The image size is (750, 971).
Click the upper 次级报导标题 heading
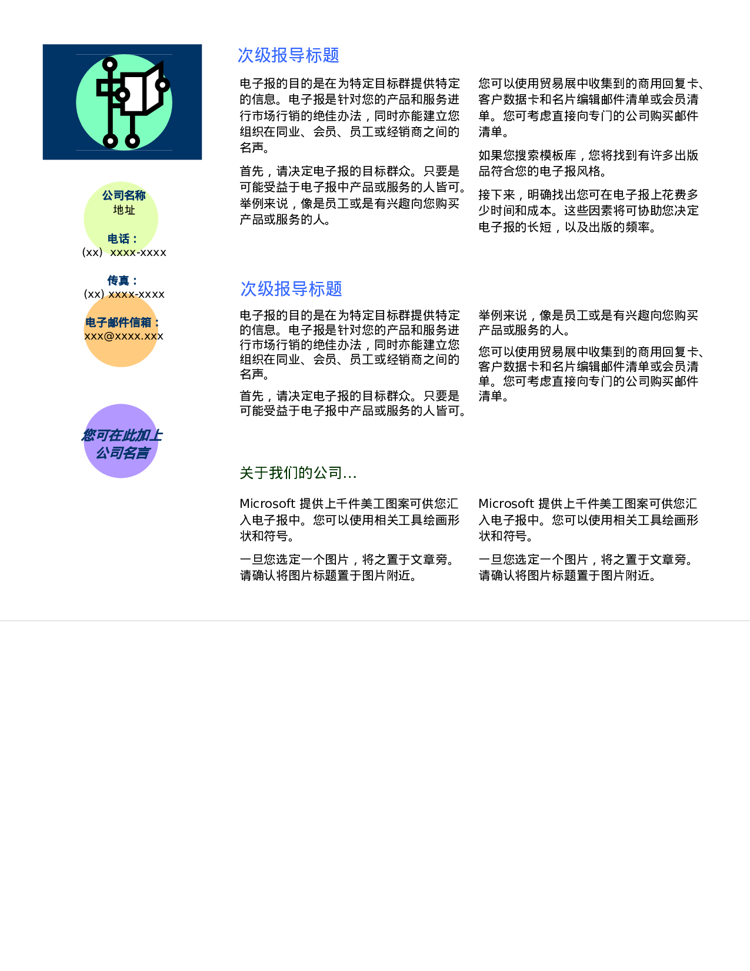(x=288, y=55)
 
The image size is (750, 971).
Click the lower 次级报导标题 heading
(x=291, y=289)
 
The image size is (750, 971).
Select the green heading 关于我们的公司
(x=298, y=473)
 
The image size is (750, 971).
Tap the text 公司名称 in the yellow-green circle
(x=124, y=195)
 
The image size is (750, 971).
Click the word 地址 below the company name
(x=124, y=210)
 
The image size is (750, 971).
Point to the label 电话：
(x=123, y=239)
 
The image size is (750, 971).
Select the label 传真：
(x=122, y=281)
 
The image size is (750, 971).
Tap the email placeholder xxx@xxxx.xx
(x=121, y=337)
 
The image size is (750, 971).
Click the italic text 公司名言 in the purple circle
(x=122, y=453)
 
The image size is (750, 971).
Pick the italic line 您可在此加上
(x=122, y=435)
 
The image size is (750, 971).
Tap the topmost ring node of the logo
(x=110, y=64)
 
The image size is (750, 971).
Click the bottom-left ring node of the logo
(x=111, y=141)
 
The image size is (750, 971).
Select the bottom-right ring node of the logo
(x=133, y=141)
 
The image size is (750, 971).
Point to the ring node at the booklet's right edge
(x=162, y=85)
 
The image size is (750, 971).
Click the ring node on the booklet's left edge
(x=122, y=95)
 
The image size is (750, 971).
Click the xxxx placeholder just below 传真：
(x=121, y=294)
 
